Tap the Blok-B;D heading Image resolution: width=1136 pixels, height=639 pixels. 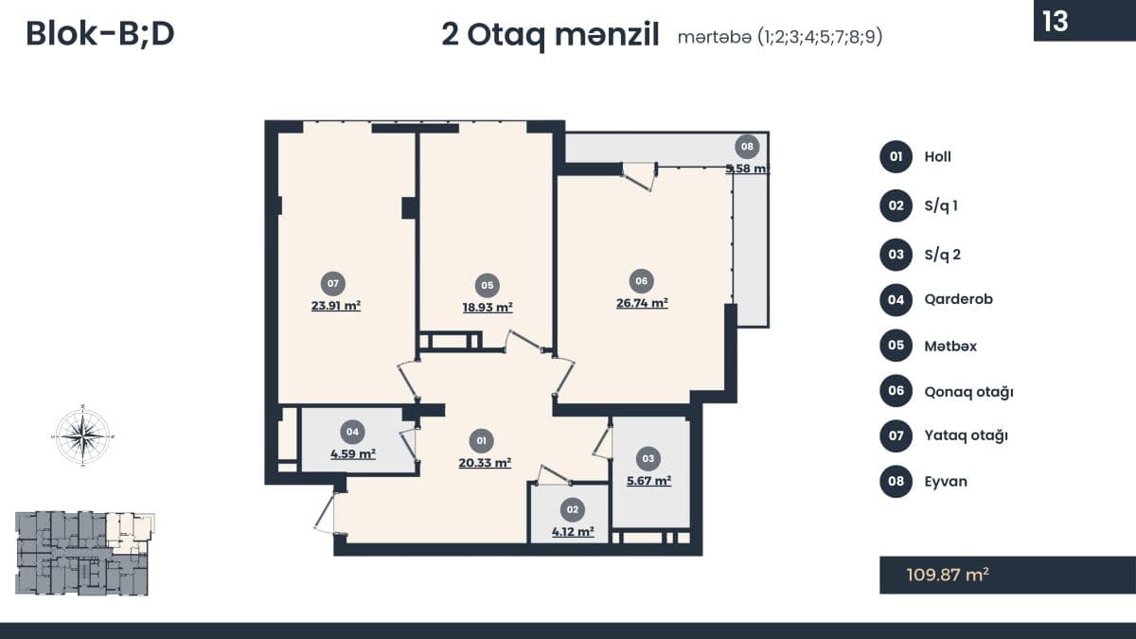click(x=100, y=34)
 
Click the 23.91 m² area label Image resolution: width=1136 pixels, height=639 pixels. click(x=336, y=307)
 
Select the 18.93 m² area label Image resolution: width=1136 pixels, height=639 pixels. click(x=488, y=308)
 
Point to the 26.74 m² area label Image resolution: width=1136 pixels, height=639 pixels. click(x=642, y=304)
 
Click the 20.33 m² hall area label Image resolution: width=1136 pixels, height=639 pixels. click(x=484, y=463)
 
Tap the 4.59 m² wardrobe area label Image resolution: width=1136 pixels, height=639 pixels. click(x=353, y=454)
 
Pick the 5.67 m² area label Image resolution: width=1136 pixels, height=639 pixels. click(x=648, y=481)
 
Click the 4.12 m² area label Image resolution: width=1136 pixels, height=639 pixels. click(x=573, y=532)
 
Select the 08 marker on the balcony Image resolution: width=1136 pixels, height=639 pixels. click(x=747, y=147)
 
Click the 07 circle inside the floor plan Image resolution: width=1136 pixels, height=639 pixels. click(x=332, y=283)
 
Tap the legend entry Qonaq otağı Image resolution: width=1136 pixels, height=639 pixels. click(x=968, y=392)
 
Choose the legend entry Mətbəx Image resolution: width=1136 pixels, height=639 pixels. click(x=950, y=346)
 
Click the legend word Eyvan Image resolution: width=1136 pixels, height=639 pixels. click(x=946, y=481)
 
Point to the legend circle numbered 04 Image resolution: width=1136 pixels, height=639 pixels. click(x=896, y=300)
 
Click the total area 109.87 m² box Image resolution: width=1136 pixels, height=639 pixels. click(x=1007, y=575)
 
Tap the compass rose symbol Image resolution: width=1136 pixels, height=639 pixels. click(x=83, y=436)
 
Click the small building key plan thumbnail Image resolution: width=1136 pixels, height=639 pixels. click(x=84, y=553)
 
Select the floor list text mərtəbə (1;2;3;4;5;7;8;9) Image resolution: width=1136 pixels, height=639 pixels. click(x=780, y=38)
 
